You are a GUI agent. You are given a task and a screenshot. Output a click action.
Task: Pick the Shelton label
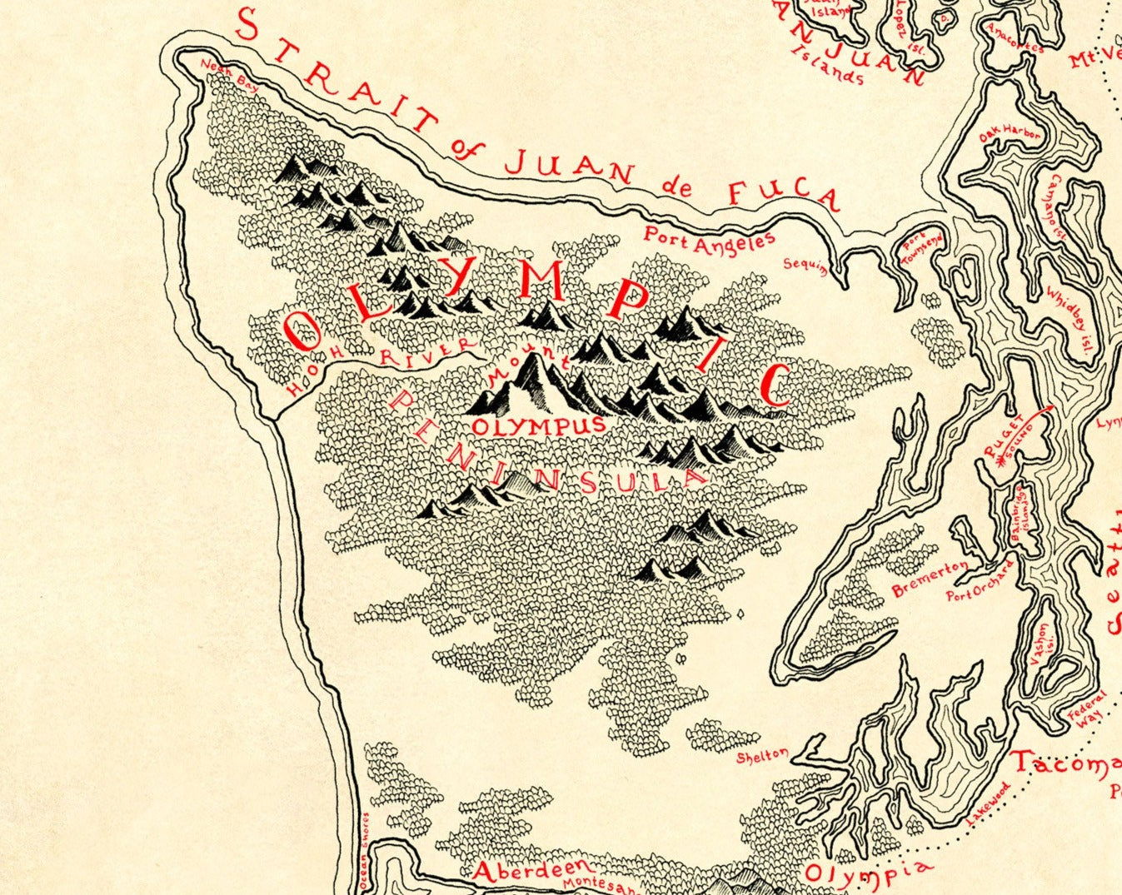(762, 756)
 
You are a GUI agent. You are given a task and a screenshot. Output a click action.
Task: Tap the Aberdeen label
(524, 870)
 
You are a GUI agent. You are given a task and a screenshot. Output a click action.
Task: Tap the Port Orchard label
(981, 582)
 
